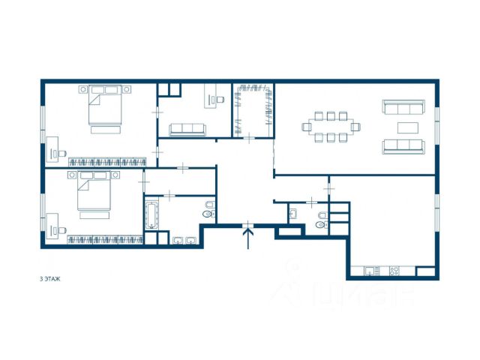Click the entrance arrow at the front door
[x=248, y=237]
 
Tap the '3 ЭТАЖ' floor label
[x=50, y=279]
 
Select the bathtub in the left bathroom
[x=151, y=215]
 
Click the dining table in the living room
[x=331, y=127]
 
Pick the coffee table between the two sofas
[x=408, y=127]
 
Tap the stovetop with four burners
[x=394, y=271]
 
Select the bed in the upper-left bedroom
[x=105, y=105]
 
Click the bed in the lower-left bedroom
[x=94, y=190]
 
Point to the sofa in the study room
[x=187, y=130]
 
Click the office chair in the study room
[x=220, y=100]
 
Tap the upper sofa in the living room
[x=403, y=107]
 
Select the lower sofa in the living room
[x=403, y=147]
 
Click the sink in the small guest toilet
[x=292, y=214]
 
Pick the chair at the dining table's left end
[x=307, y=127]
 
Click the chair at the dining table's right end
[x=355, y=127]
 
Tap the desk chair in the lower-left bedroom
[x=62, y=230]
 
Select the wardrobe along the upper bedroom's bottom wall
[x=107, y=162]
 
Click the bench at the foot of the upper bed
[x=105, y=130]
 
